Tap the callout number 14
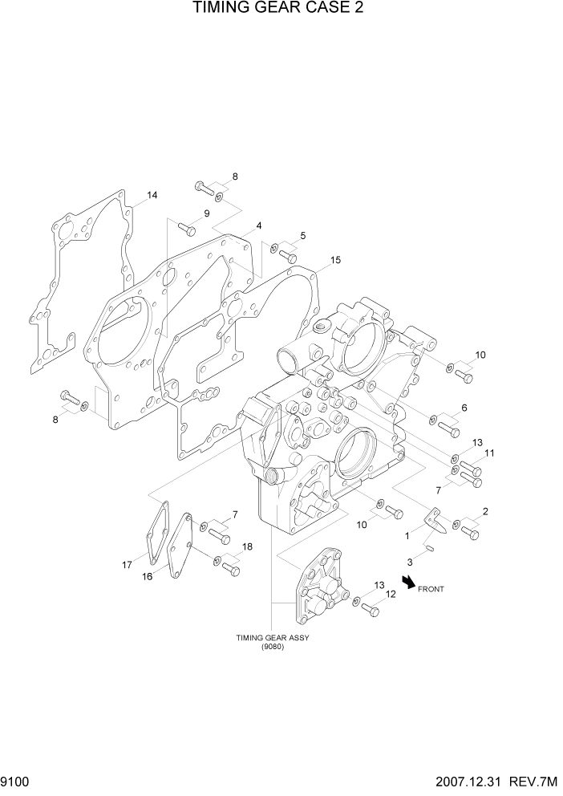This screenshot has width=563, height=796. pyautogui.click(x=152, y=195)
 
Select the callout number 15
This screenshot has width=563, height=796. pyautogui.click(x=335, y=260)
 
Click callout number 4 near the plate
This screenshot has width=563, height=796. pyautogui.click(x=259, y=225)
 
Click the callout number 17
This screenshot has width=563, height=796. pyautogui.click(x=127, y=565)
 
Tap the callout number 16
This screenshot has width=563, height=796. pyautogui.click(x=148, y=576)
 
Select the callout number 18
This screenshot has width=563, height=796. pyautogui.click(x=247, y=546)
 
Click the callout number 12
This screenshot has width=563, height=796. pyautogui.click(x=391, y=595)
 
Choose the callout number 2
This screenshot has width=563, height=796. pyautogui.click(x=484, y=511)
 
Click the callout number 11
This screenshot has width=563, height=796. pyautogui.click(x=488, y=453)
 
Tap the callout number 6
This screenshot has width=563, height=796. pyautogui.click(x=462, y=408)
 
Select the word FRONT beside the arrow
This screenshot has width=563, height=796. pyautogui.click(x=431, y=589)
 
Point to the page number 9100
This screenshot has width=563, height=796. pyautogui.click(x=16, y=781)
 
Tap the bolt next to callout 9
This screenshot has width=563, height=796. pyautogui.click(x=186, y=228)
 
